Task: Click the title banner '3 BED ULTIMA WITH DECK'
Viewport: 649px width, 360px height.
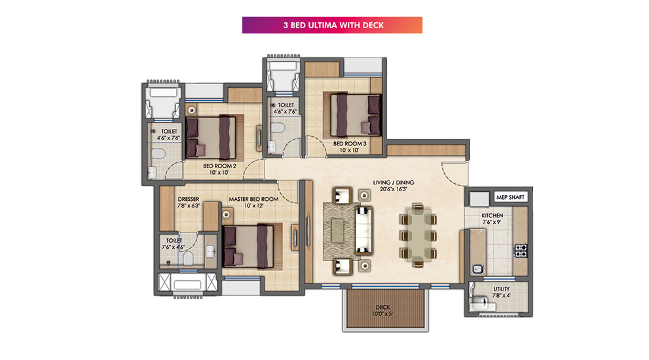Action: tap(332, 25)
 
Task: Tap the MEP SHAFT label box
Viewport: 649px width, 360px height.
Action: tap(510, 197)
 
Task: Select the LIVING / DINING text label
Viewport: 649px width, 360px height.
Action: tap(393, 182)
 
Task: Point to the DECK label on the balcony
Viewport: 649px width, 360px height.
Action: tap(382, 307)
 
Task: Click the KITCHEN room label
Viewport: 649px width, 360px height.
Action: tap(492, 215)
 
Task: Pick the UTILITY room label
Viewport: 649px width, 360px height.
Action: tap(501, 289)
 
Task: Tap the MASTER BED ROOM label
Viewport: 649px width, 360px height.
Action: tap(253, 199)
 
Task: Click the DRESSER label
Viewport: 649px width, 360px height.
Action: tap(189, 199)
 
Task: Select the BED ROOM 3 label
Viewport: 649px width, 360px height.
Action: tap(350, 143)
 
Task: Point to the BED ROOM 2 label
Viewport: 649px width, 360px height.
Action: tap(219, 166)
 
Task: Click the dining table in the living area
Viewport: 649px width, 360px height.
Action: tap(418, 235)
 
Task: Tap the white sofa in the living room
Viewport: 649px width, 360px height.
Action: tap(364, 230)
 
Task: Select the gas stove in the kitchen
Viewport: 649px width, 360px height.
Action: tap(521, 250)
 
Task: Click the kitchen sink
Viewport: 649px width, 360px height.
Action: tap(477, 270)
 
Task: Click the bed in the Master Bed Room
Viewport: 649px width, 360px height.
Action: tap(248, 246)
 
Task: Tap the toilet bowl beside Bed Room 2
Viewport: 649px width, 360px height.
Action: tap(158, 154)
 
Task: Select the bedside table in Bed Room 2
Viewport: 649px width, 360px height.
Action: tap(191, 110)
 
